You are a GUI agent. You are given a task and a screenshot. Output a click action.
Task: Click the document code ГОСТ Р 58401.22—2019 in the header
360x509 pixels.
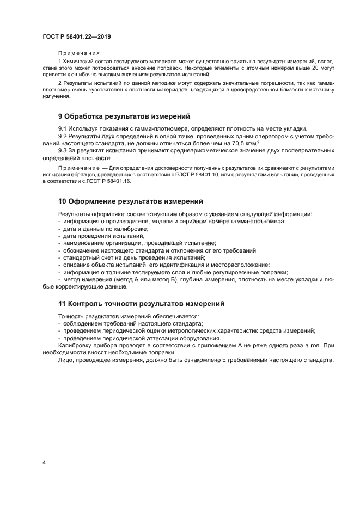[x=77, y=37]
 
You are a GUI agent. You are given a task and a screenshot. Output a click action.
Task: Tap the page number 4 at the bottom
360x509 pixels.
[x=44, y=463]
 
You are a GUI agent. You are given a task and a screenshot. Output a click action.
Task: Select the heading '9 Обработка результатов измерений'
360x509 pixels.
[x=124, y=116]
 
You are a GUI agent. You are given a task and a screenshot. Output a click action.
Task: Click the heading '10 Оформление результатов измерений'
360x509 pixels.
[x=130, y=201]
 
